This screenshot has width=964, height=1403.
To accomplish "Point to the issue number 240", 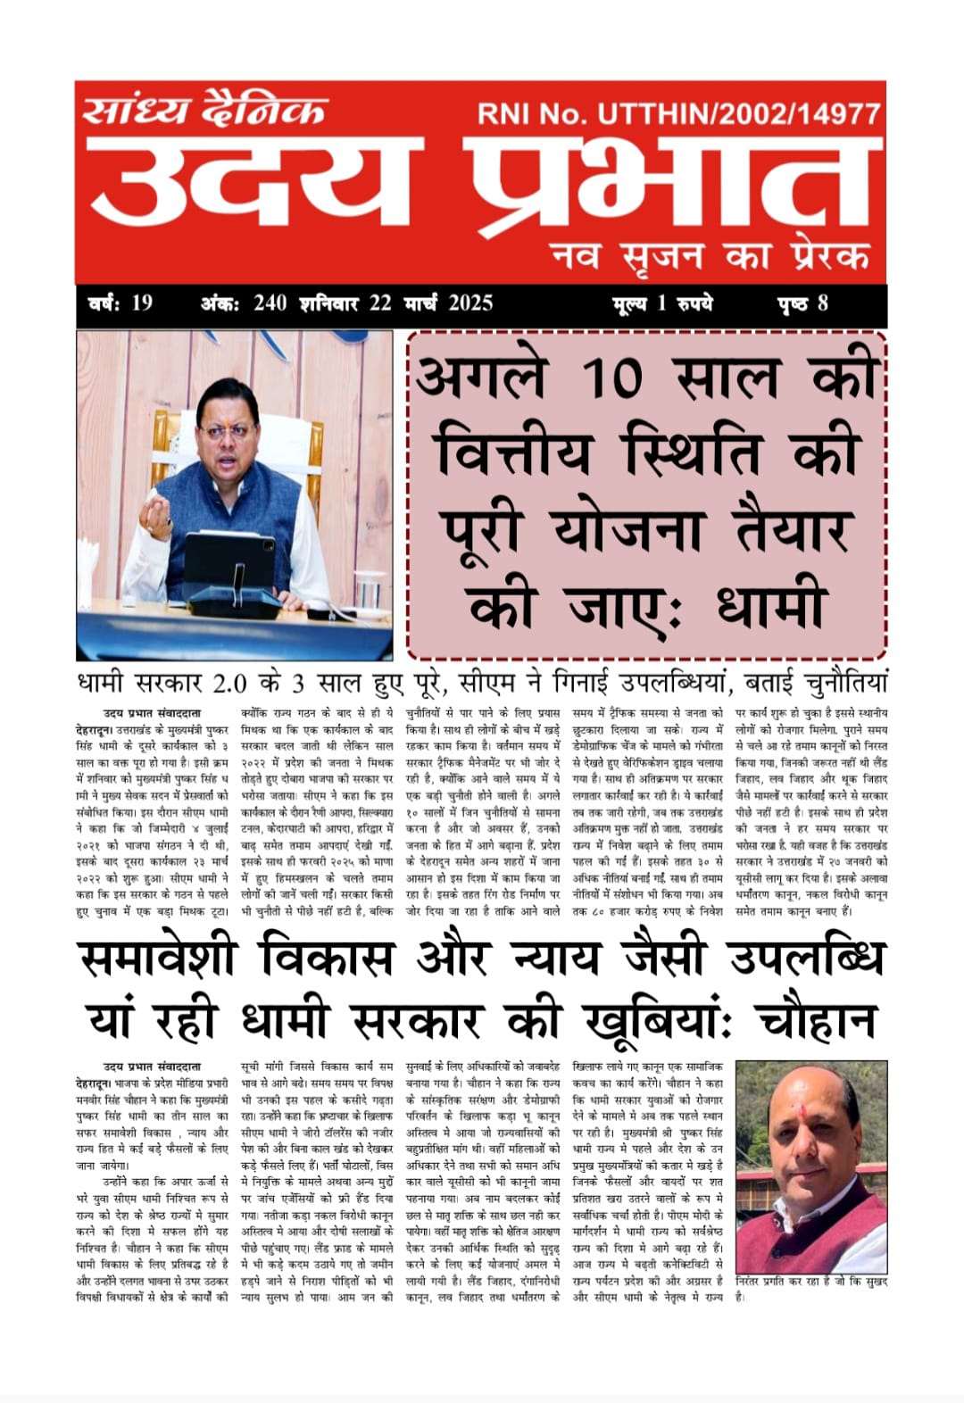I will pyautogui.click(x=270, y=303).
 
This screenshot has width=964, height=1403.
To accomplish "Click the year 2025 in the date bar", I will pyautogui.click(x=470, y=303).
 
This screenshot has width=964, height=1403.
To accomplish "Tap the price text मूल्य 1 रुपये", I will pyautogui.click(x=662, y=303).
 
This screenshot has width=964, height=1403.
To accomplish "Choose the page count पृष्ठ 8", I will pyautogui.click(x=802, y=303).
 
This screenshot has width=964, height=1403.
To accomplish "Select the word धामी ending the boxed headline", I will pyautogui.click(x=769, y=607).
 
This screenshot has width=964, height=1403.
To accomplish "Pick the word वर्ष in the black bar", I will pyautogui.click(x=105, y=303).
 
